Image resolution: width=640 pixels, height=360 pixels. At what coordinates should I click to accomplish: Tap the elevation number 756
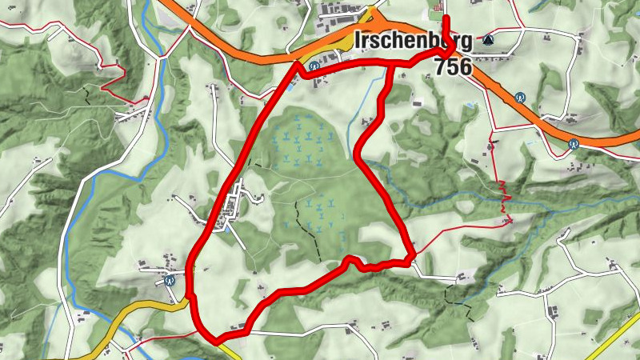pos(454,66)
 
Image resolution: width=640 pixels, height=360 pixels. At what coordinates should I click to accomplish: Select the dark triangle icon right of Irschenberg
pos(488,38)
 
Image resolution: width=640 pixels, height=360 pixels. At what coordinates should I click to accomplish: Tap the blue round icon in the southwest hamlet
pos(170,280)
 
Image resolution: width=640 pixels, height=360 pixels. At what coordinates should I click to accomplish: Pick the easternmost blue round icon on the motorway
pos(574,144)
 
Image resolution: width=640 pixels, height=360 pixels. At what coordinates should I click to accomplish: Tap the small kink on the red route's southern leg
pos(349,259)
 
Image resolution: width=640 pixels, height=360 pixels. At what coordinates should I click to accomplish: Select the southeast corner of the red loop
pos(411,258)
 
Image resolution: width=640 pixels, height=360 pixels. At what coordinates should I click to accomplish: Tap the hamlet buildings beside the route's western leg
pos(232,204)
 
